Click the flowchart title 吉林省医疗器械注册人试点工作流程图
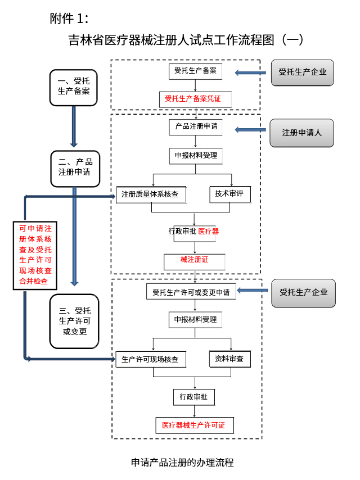click(x=186, y=40)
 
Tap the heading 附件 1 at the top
click(x=69, y=19)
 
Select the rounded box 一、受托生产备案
click(x=74, y=87)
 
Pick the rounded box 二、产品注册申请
click(x=75, y=167)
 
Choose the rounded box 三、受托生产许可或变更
click(x=74, y=320)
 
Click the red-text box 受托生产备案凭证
click(x=192, y=99)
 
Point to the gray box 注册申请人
click(x=302, y=133)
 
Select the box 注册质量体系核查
click(x=150, y=194)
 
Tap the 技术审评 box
click(x=229, y=193)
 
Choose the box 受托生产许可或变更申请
click(x=191, y=292)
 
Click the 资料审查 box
click(x=229, y=359)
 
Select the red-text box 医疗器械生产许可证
click(x=193, y=425)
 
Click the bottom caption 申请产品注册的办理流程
click(x=182, y=463)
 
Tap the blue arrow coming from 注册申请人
click(x=250, y=130)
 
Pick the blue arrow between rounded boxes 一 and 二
click(x=74, y=126)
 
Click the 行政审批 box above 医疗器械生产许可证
click(x=193, y=397)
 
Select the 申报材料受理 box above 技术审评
click(x=195, y=155)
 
